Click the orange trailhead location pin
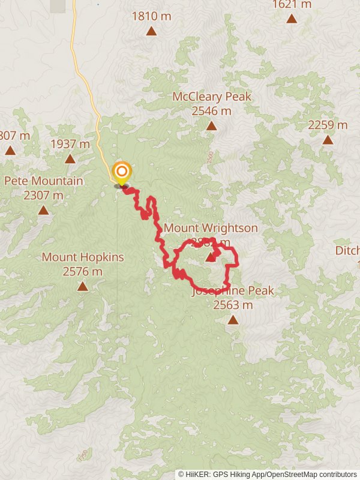pos(121,172)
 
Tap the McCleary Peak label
pos(211,97)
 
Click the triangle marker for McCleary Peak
pos(211,125)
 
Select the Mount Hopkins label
pos(83,257)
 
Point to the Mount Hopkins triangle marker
pos(82,286)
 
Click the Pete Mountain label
pos(43,181)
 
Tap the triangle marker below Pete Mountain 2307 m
pos(43,210)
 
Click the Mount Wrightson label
pos(211,228)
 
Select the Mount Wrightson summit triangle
pos(211,257)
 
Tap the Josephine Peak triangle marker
pos(233,320)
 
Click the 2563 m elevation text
pos(233,305)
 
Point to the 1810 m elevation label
pos(151,16)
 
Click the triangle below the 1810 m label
pos(151,31)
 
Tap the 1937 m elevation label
pos(70,144)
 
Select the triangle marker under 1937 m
pos(70,158)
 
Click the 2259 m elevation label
pos(328,125)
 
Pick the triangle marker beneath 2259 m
pos(328,140)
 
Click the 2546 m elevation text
pos(211,111)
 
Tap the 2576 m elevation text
pos(82,272)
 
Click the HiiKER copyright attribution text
pos(268,474)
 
